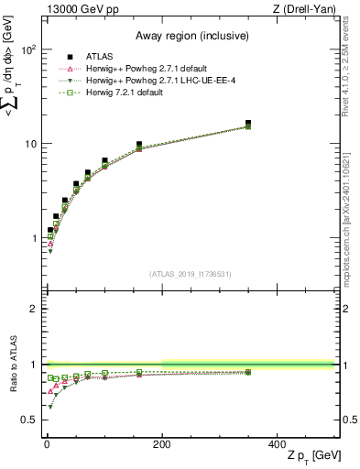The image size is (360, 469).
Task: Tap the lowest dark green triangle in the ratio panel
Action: (x=49, y=407)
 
